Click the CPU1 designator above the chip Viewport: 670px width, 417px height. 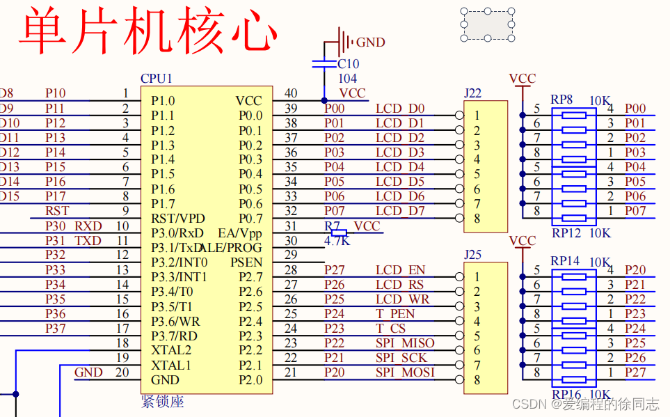tap(156, 79)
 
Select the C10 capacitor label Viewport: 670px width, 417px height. tap(348, 64)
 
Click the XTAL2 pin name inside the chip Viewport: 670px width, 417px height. tap(171, 350)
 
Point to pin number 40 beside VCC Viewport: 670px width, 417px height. tap(291, 93)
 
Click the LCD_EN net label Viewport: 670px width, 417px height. tap(400, 270)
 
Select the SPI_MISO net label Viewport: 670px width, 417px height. tap(405, 343)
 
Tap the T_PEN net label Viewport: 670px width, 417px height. tap(395, 314)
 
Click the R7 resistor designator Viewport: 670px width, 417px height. tap(332, 226)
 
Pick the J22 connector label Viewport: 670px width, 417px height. tap(472, 93)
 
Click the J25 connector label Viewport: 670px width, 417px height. tap(472, 255)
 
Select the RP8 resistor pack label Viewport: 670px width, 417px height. tap(561, 100)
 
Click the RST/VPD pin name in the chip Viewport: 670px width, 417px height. tap(176, 219)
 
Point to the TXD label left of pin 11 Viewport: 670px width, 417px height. tap(88, 241)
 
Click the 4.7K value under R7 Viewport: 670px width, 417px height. tap(337, 241)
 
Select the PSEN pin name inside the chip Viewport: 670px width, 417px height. tap(246, 262)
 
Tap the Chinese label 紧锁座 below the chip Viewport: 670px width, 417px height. tap(162, 402)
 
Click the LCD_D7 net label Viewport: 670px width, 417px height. tap(400, 211)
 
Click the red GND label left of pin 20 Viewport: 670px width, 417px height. tap(88, 372)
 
